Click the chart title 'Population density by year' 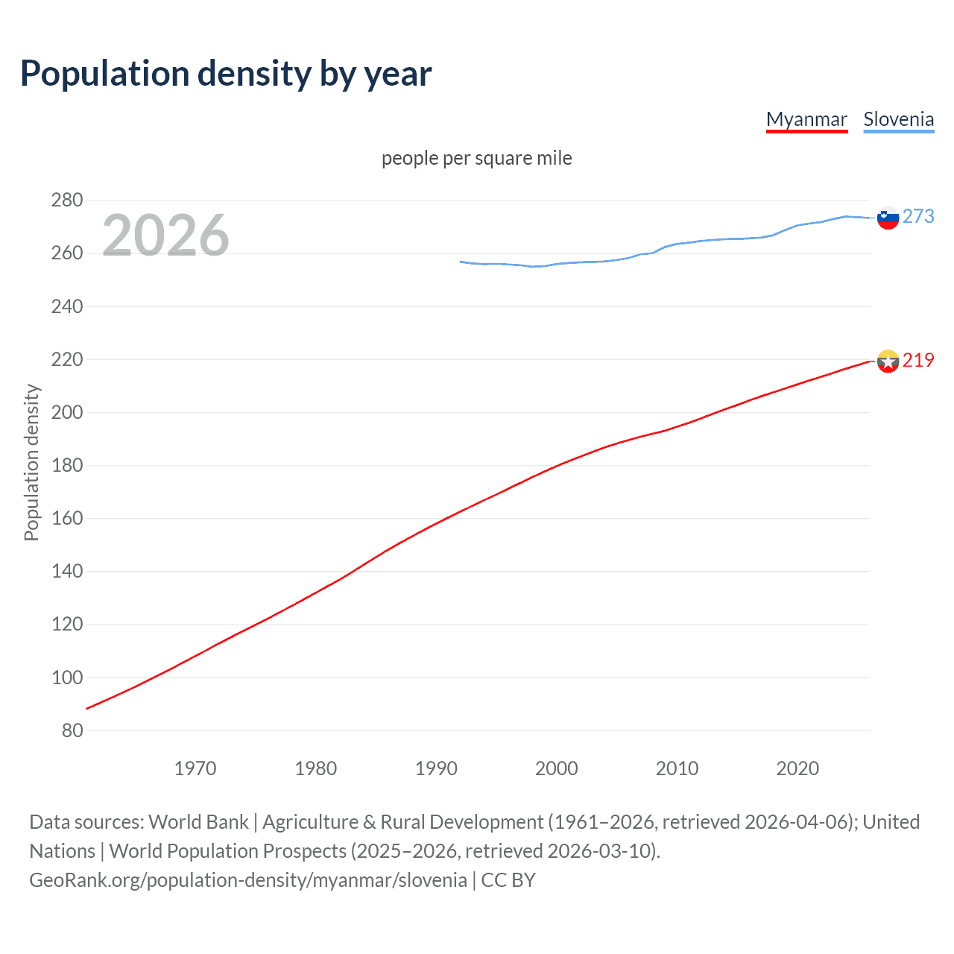click(226, 74)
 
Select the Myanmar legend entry click(806, 119)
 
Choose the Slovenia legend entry click(898, 119)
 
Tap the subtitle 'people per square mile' click(476, 158)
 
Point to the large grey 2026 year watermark click(165, 236)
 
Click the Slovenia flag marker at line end click(888, 218)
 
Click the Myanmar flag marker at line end click(888, 361)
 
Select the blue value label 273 click(918, 216)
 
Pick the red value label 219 click(918, 360)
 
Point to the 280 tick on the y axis click(67, 200)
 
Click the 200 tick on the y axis click(67, 412)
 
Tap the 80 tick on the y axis click(72, 730)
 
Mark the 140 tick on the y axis click(67, 572)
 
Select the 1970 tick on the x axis click(195, 768)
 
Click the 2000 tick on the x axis click(557, 768)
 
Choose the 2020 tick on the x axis click(797, 768)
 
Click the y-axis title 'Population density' click(31, 462)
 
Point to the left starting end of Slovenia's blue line click(461, 262)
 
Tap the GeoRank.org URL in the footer click(248, 880)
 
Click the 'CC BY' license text click(508, 880)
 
